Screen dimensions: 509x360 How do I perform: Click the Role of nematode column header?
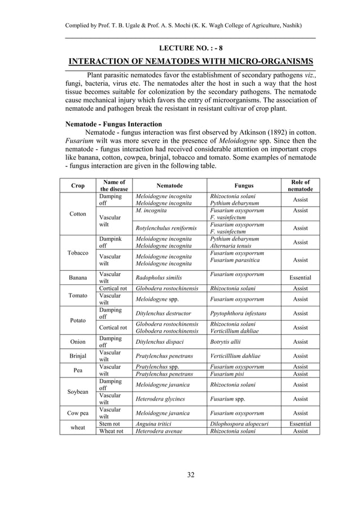coord(300,186)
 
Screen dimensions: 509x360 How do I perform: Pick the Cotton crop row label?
coord(78,214)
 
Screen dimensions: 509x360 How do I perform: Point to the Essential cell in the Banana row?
coord(300,278)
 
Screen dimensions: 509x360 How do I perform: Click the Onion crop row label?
coord(78,342)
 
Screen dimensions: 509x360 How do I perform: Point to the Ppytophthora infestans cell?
coord(238,313)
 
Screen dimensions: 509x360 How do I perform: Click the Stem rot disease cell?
coord(109,423)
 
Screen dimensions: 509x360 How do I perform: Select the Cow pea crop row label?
coord(78,413)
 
